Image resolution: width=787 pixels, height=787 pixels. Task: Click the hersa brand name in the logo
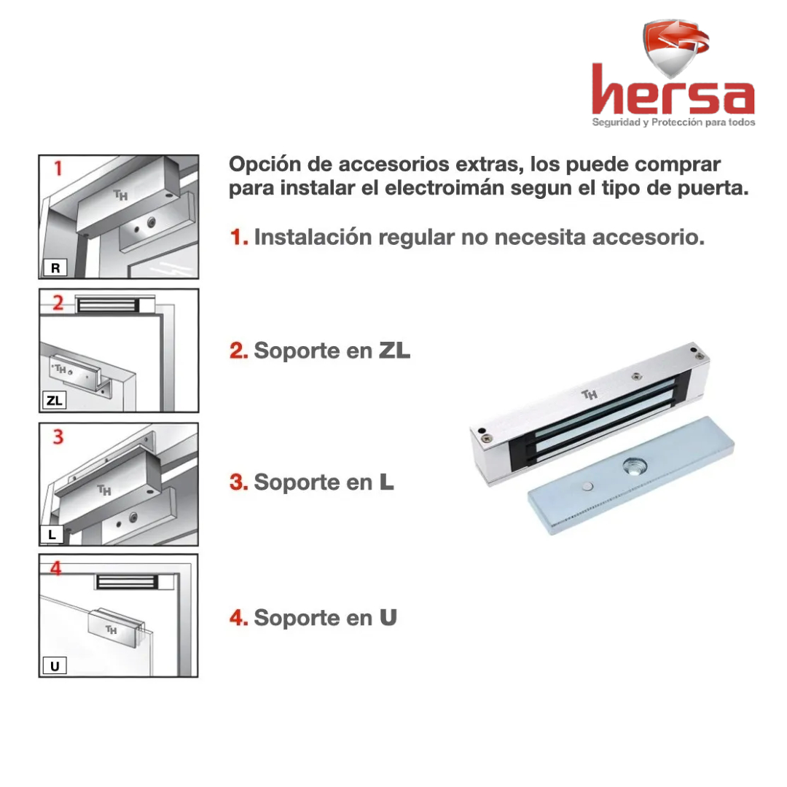(673, 90)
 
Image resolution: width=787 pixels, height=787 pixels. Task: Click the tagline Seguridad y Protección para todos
(673, 122)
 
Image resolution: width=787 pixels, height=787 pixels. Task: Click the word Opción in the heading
(265, 165)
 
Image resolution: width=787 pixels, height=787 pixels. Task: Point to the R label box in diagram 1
(55, 267)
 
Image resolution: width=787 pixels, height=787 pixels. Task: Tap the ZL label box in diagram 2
(54, 401)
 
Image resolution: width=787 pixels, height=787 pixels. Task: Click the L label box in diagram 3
(52, 535)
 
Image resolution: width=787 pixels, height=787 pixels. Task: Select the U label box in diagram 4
(55, 666)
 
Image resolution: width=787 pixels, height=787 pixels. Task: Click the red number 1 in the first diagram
(58, 168)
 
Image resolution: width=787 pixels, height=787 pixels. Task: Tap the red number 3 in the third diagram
(58, 436)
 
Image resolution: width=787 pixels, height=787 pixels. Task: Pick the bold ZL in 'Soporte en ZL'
(394, 351)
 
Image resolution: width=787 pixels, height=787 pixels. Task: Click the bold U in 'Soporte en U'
(388, 618)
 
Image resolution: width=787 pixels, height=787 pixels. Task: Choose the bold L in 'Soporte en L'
(386, 482)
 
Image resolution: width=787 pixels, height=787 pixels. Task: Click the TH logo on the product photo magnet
(590, 394)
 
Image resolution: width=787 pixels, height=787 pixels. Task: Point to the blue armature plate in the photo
(631, 474)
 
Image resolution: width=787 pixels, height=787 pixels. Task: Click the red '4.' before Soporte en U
(239, 618)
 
